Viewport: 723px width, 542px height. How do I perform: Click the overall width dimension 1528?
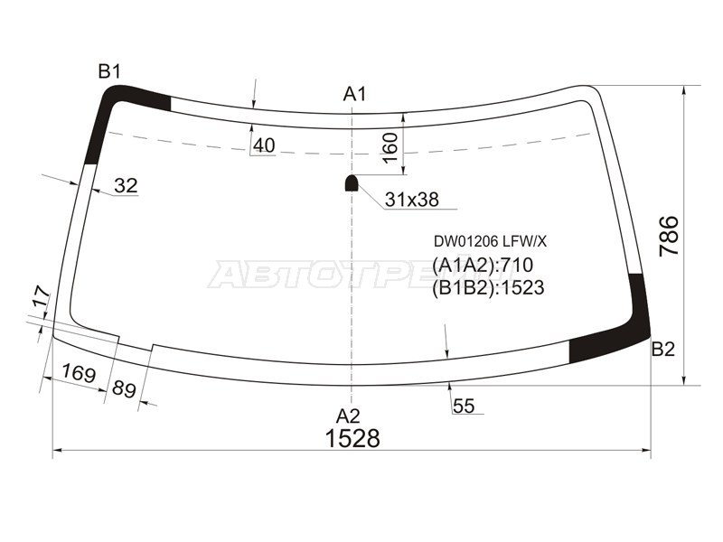(352, 438)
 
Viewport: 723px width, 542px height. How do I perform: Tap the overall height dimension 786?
(669, 236)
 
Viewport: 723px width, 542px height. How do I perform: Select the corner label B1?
(109, 71)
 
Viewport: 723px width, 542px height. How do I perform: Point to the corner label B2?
(663, 350)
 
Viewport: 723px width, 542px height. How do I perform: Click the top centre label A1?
(354, 94)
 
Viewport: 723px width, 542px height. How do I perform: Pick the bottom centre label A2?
(348, 416)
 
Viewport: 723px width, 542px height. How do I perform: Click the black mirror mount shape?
(352, 183)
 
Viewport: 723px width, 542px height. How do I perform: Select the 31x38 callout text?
(412, 200)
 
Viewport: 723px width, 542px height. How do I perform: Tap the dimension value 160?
(390, 147)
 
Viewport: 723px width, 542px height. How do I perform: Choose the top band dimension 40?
(264, 145)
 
